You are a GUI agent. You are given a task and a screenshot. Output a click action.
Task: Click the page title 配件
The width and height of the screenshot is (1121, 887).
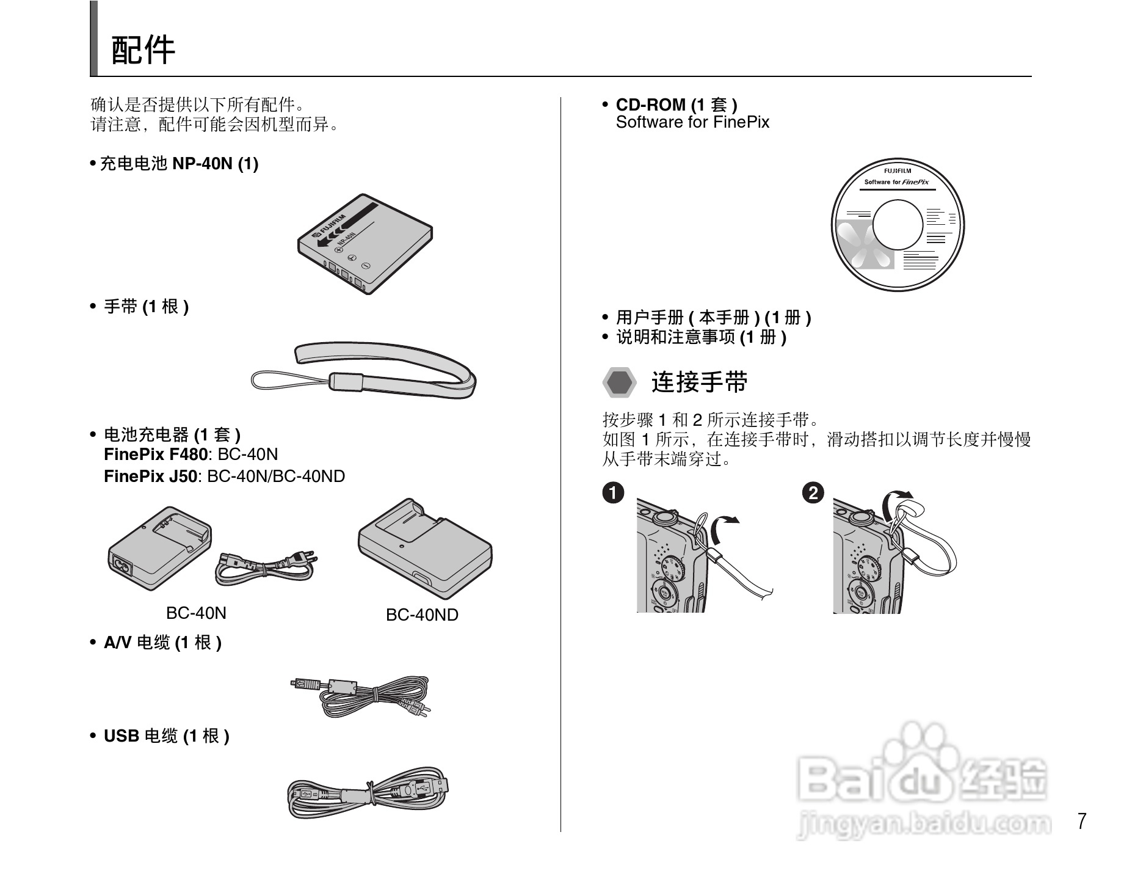point(143,50)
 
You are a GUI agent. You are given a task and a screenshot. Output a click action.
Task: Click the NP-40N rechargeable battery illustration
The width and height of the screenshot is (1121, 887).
point(365,244)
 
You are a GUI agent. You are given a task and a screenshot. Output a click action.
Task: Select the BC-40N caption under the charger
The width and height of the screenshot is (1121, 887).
point(196,613)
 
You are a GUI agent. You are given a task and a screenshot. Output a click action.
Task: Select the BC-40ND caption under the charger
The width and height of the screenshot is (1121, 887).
point(422,615)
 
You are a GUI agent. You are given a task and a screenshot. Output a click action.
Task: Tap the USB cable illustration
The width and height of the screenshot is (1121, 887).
point(368,792)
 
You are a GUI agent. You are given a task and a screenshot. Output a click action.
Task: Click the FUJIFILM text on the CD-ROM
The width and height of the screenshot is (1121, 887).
point(898,171)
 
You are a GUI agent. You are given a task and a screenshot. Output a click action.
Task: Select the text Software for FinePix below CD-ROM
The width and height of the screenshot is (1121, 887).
point(692,122)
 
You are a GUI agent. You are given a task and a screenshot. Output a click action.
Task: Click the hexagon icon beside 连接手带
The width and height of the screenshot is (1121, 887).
point(620,382)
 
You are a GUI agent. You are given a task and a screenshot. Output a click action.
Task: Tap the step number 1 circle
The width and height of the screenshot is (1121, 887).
point(613,492)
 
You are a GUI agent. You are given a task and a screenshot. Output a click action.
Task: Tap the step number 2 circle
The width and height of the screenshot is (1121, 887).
point(813,492)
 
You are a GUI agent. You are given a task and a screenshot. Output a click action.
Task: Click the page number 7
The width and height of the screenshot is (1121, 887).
point(1082,821)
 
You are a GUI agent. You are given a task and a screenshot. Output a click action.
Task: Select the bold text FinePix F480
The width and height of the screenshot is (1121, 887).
point(156,454)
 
